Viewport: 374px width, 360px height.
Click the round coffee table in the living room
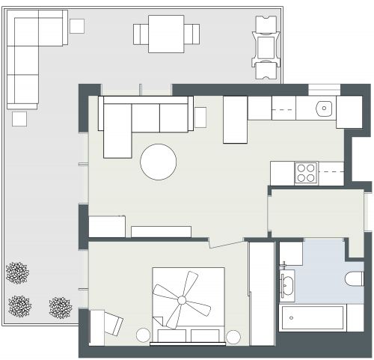pos(159,162)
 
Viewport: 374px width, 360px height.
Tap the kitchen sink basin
pos(323,108)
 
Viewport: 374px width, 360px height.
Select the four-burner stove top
pos(305,173)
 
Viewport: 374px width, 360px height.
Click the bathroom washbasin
pos(287,284)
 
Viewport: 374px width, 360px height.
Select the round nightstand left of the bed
pos(144,335)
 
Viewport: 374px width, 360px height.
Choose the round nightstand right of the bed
pos(234,336)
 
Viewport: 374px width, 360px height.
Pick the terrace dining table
pos(166,34)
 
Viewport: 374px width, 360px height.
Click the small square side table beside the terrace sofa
pos(77,26)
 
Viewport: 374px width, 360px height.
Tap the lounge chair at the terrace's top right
pos(266,46)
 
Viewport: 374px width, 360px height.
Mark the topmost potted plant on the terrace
pos(16,272)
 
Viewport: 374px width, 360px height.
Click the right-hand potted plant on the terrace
pos(60,307)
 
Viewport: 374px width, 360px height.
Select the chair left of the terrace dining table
pos(141,34)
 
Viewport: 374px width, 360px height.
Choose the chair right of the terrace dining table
pos(192,34)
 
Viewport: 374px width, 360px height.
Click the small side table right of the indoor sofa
pos(200,117)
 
